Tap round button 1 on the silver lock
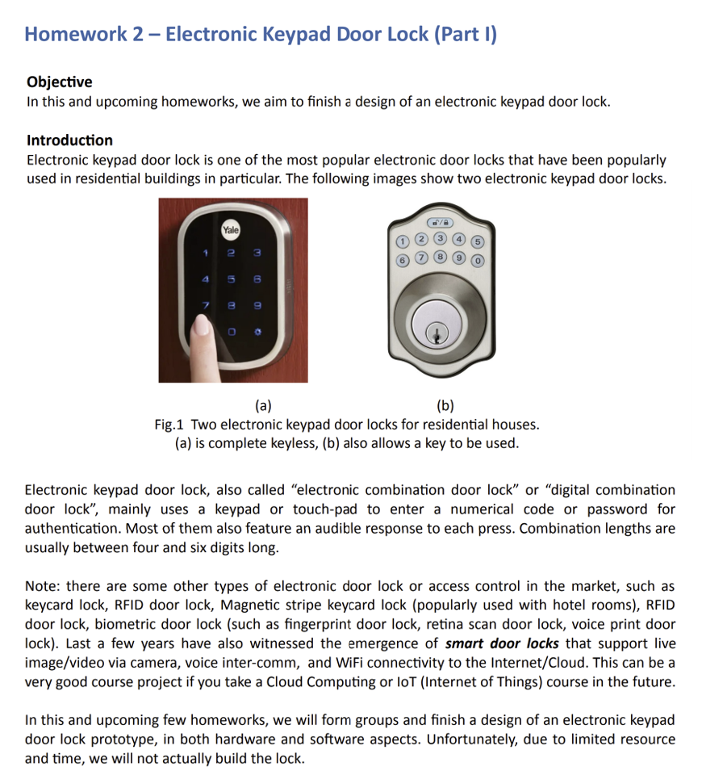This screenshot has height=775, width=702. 400,241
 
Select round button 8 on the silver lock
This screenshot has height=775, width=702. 439,258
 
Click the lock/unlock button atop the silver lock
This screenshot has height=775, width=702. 439,222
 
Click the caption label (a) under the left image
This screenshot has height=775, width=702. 263,406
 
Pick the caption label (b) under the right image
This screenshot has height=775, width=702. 445,406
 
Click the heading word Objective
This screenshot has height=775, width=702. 59,82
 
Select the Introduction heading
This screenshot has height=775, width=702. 69,140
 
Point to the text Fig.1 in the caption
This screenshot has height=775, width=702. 170,425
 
